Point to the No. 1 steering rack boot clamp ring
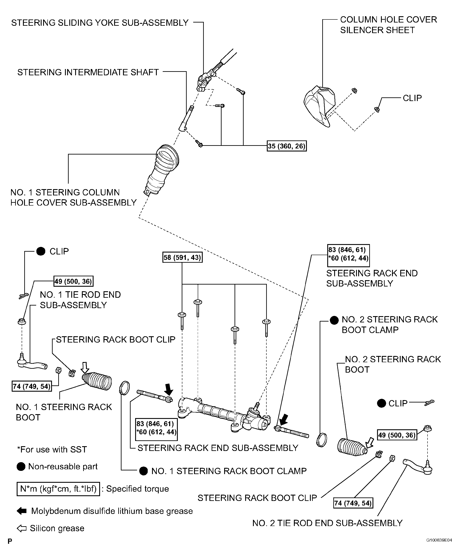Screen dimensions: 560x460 (125, 388)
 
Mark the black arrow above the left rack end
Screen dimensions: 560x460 (168, 389)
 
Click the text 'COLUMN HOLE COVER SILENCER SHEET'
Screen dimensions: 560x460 (388, 25)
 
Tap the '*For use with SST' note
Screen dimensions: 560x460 (52, 449)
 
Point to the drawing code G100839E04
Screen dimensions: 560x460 (439, 540)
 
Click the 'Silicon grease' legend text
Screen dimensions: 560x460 (57, 528)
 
